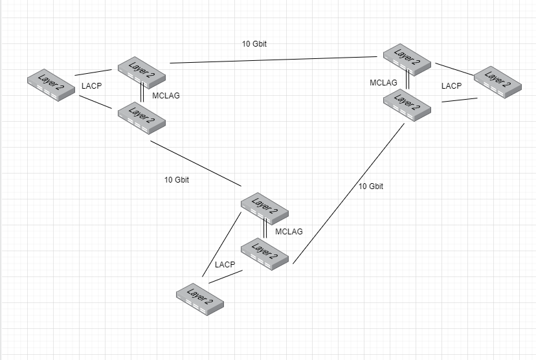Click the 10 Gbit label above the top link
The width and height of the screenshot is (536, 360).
point(254,44)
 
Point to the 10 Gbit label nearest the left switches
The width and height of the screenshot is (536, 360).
point(177,179)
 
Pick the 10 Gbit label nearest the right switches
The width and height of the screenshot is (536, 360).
point(371,186)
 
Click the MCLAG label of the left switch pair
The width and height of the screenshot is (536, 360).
point(166,96)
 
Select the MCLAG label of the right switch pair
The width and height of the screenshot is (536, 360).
point(383,83)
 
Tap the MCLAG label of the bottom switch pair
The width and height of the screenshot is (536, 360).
point(289,231)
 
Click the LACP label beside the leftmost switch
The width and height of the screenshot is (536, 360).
point(92,85)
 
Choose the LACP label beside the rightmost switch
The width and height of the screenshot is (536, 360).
point(451,85)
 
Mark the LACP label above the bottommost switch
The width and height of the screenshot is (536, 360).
point(225,265)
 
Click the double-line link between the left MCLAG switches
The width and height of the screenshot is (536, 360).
point(142,93)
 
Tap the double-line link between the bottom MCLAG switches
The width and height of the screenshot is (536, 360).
point(265,228)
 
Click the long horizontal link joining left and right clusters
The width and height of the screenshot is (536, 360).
point(272,60)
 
